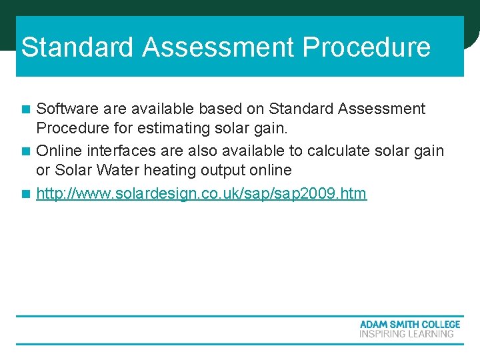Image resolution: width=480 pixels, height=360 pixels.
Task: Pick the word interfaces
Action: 115,151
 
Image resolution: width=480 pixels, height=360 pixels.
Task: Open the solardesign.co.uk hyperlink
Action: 201,194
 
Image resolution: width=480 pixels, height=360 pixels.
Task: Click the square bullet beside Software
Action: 26,109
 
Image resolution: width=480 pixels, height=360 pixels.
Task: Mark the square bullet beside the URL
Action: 26,195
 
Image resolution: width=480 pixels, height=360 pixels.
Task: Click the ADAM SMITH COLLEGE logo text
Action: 409,324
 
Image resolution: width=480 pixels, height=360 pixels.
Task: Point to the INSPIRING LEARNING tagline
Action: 406,334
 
